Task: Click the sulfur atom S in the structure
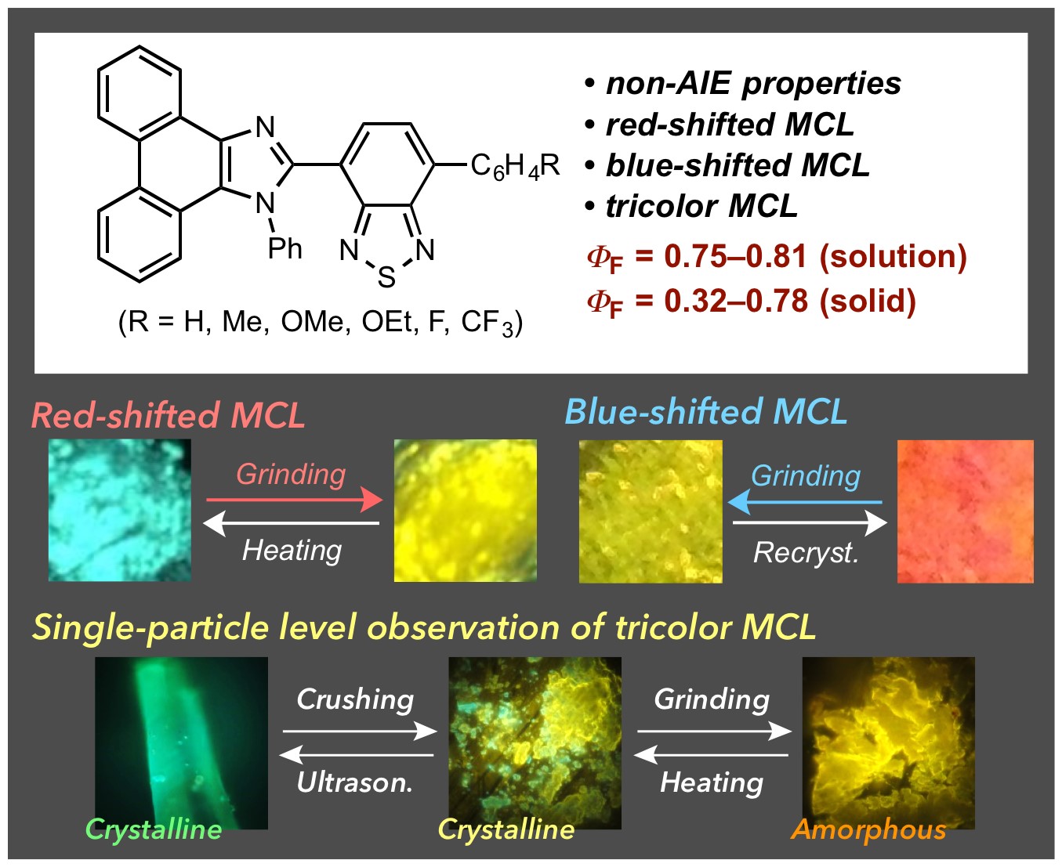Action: (x=386, y=276)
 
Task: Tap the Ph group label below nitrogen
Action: (x=285, y=248)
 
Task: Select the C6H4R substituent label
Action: (x=515, y=167)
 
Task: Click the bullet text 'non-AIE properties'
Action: (x=753, y=83)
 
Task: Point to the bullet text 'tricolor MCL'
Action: (x=702, y=206)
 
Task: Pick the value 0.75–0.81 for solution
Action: (x=736, y=256)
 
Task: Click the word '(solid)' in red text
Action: (x=868, y=301)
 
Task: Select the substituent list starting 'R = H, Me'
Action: (x=321, y=322)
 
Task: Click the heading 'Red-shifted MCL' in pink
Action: (x=169, y=415)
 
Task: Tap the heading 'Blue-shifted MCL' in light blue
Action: (x=706, y=412)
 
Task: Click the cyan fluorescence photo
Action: (x=120, y=510)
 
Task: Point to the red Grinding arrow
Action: (x=295, y=500)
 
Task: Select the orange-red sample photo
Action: (x=966, y=511)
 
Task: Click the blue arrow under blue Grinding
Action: (x=805, y=502)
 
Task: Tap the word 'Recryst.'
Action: (x=806, y=553)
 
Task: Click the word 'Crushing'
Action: (x=355, y=699)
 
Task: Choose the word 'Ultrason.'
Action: (x=355, y=782)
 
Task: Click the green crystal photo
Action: (x=181, y=742)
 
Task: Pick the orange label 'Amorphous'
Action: (x=868, y=830)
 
